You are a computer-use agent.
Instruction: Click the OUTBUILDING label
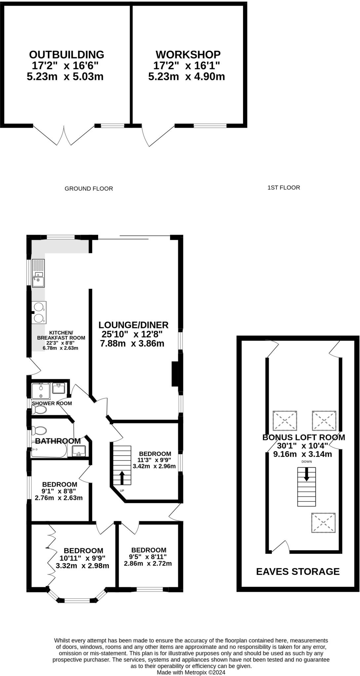point(66,54)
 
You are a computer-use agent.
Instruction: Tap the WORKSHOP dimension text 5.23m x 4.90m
point(187,77)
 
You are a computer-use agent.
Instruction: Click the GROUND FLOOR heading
point(89,188)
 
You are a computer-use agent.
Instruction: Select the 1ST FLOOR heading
point(284,187)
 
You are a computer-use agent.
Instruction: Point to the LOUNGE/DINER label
point(133,325)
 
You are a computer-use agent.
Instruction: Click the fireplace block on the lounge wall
point(175,374)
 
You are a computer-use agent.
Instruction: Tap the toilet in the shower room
point(39,410)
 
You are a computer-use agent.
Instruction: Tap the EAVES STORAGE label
point(298,571)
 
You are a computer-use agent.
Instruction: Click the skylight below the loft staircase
point(324,523)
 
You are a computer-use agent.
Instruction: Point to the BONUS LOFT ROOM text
point(304,437)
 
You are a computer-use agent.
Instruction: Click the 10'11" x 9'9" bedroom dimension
point(83,558)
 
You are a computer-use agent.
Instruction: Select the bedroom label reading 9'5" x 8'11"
point(149,550)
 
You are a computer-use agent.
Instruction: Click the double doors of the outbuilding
point(64,135)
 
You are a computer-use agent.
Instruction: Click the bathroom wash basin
point(79,451)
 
